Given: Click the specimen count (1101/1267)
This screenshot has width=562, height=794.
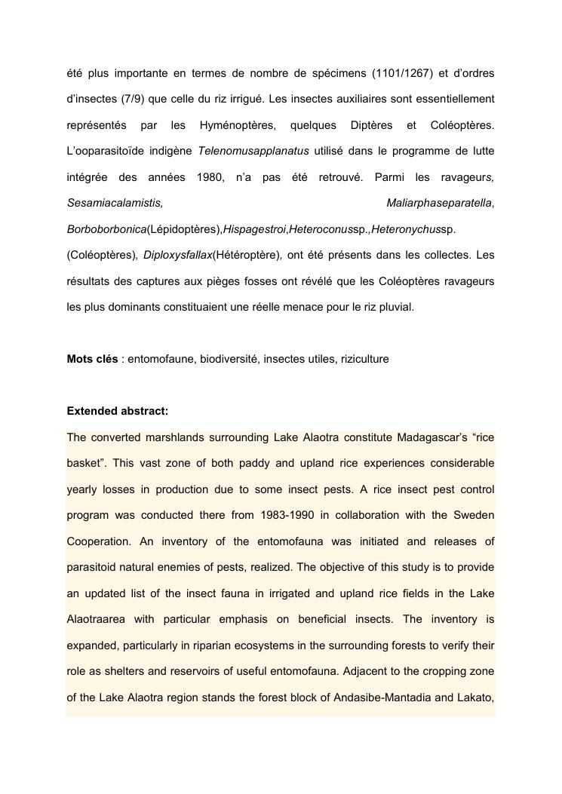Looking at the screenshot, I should [x=402, y=72].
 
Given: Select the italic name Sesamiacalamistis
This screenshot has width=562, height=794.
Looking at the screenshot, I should [x=115, y=203].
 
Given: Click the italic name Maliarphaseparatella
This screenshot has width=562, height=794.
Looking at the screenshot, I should [x=439, y=203].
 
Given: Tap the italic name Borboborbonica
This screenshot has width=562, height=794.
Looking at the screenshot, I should [x=106, y=229].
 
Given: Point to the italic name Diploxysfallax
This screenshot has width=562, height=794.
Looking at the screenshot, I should [x=178, y=255].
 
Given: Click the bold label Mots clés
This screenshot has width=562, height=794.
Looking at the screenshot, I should [x=92, y=359].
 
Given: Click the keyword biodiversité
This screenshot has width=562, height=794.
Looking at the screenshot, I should [x=229, y=359].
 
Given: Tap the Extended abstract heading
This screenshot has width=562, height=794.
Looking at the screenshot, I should [x=118, y=411].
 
